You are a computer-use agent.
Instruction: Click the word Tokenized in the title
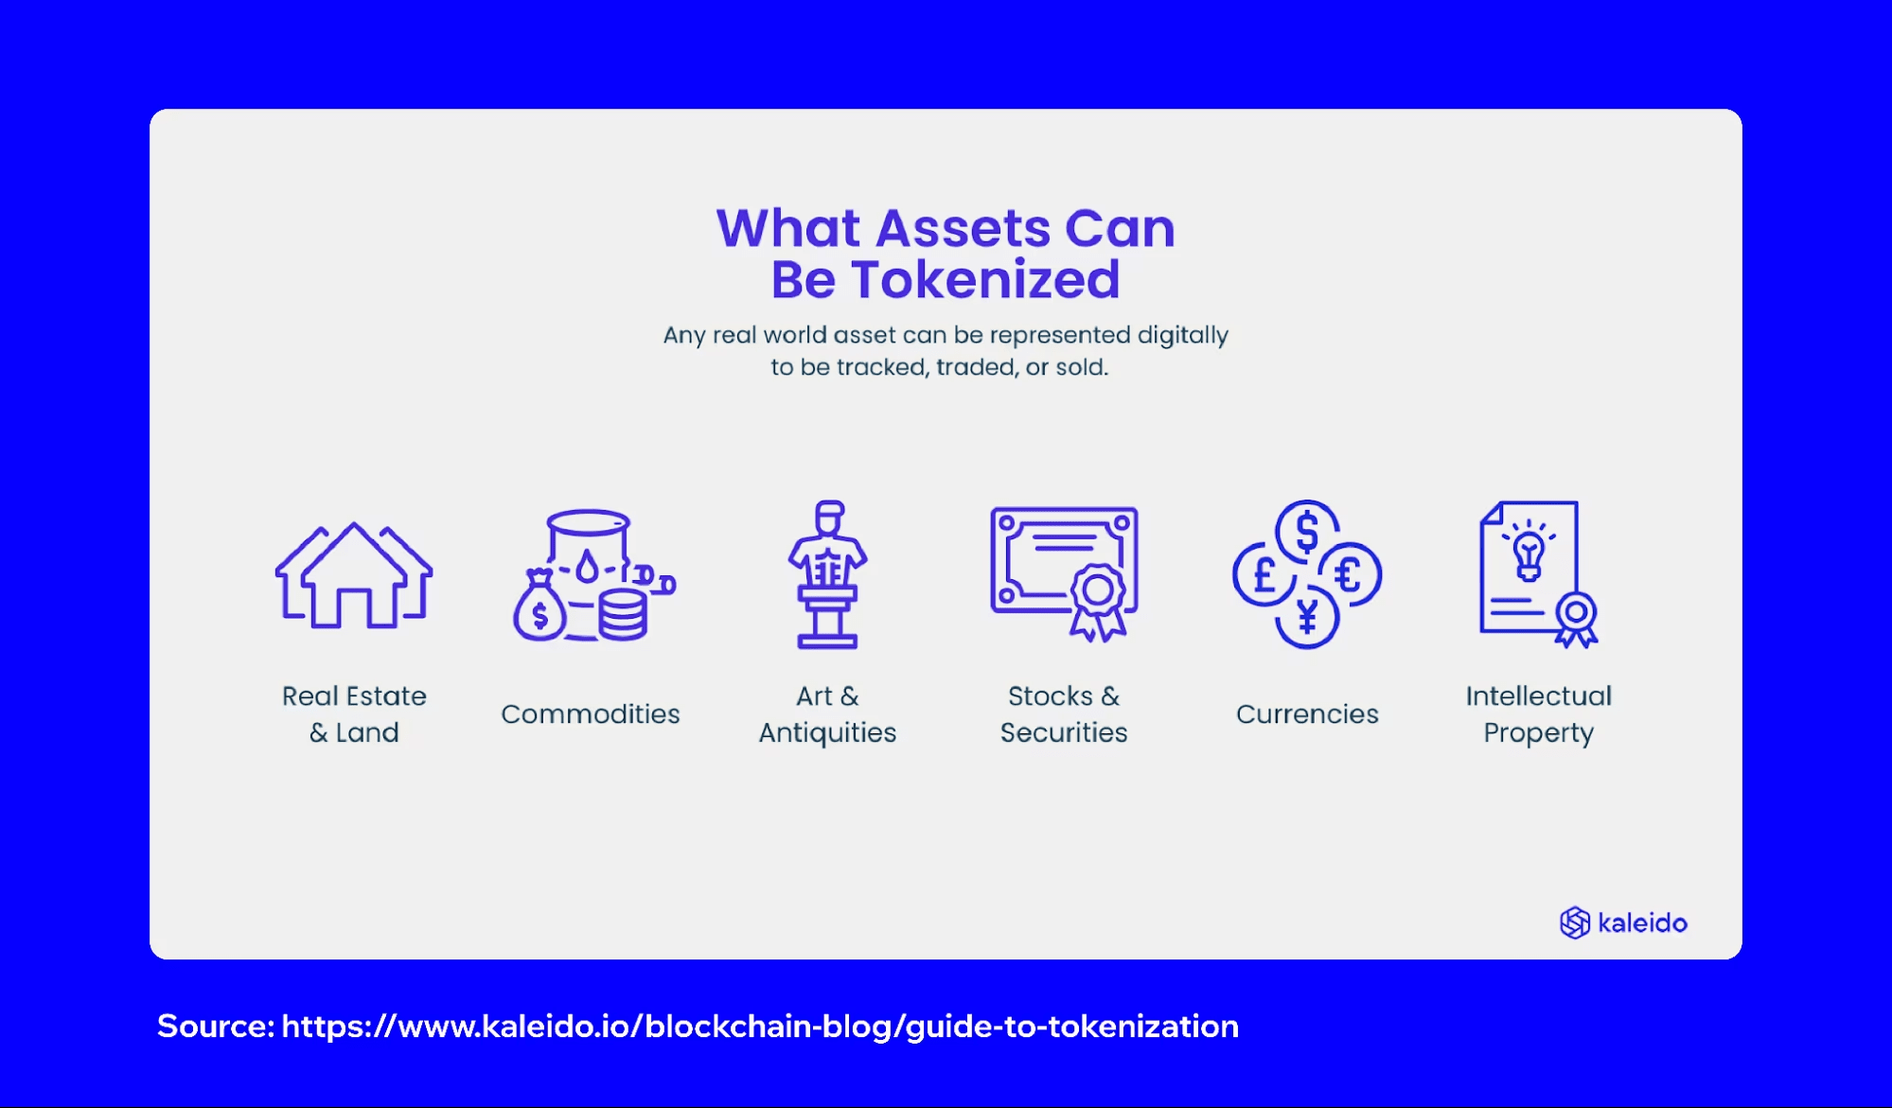(x=985, y=280)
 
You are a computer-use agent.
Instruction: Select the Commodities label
(x=591, y=713)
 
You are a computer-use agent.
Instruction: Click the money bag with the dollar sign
(x=539, y=607)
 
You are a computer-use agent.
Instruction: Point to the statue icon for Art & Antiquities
(x=827, y=574)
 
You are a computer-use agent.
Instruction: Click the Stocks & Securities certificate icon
(x=1064, y=573)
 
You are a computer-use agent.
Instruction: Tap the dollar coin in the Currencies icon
(x=1307, y=531)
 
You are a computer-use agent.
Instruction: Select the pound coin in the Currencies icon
(x=1264, y=574)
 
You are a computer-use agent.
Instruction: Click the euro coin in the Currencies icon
(x=1351, y=574)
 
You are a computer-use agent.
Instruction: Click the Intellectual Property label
(x=1538, y=714)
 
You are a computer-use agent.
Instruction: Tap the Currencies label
(x=1307, y=713)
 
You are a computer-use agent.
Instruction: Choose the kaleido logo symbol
(x=1575, y=923)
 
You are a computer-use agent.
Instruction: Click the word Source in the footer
(x=216, y=1026)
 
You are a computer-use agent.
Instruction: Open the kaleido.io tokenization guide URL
(x=760, y=1027)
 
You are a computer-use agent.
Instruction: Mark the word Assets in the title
(x=964, y=229)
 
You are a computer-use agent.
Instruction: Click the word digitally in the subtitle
(x=1182, y=336)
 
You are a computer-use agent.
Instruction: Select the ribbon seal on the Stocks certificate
(x=1098, y=602)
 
